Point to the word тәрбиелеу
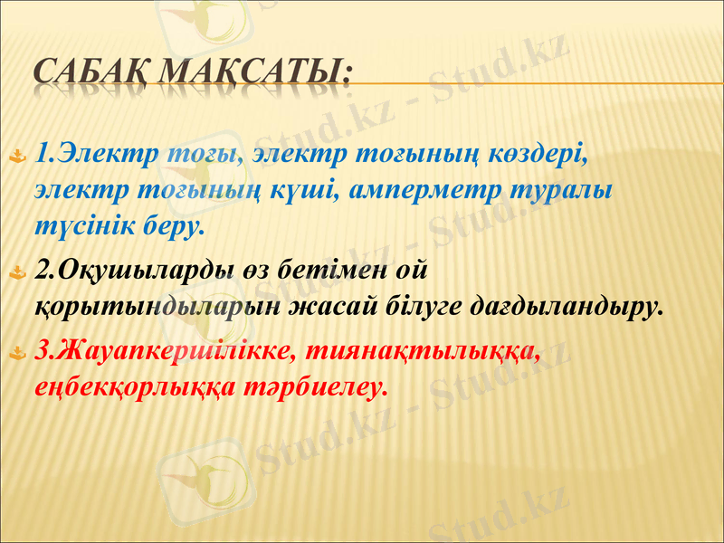312,386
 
